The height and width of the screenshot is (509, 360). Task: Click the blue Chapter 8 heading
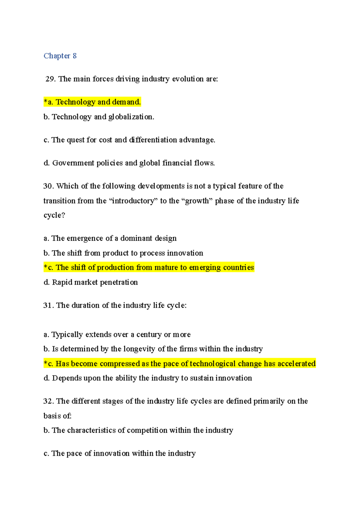pos(60,56)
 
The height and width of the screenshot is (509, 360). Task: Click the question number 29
pos(50,79)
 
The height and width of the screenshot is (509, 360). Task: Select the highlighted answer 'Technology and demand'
pos(92,102)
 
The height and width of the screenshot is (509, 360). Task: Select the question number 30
pos(48,186)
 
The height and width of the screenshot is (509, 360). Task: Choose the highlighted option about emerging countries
pos(149,267)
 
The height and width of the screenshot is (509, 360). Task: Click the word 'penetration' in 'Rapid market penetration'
pos(119,282)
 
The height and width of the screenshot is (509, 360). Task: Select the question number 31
pos(48,305)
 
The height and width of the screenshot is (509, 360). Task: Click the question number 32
pos(48,401)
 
